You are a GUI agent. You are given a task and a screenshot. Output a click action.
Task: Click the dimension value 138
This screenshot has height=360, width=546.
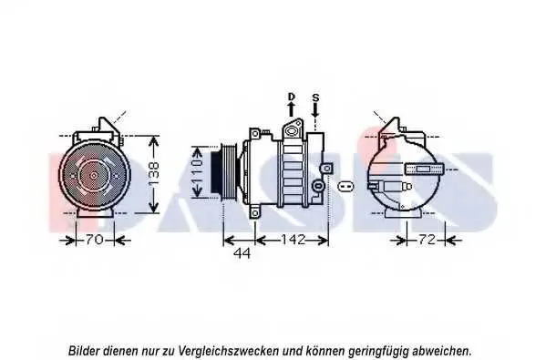tap(153, 174)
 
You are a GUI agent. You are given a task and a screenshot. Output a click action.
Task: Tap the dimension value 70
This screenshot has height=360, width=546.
tap(95, 240)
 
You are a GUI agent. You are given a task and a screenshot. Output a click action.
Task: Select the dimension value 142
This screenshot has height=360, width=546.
tap(293, 240)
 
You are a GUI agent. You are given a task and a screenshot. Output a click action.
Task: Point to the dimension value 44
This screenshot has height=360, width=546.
tap(242, 253)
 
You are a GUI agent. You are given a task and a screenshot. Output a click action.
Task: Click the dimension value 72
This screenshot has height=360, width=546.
tap(427, 240)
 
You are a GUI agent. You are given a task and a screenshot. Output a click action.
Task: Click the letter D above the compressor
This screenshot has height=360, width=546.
tap(292, 97)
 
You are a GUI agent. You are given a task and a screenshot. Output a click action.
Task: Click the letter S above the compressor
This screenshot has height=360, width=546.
tap(315, 98)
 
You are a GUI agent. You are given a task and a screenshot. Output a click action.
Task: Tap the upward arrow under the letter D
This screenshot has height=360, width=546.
tap(291, 109)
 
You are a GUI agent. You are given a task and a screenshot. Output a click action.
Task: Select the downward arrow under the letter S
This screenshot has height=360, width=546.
tap(315, 110)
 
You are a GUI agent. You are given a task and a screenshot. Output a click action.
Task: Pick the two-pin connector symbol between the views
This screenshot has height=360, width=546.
tap(345, 186)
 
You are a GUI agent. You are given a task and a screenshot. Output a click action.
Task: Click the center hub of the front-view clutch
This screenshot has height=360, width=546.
tap(94, 176)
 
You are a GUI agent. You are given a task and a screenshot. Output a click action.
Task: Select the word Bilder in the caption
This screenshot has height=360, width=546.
tap(84, 350)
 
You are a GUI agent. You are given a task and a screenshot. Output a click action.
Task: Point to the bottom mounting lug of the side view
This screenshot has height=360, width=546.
tap(255, 212)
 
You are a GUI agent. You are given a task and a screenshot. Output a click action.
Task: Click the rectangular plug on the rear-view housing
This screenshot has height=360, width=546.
tap(424, 170)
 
